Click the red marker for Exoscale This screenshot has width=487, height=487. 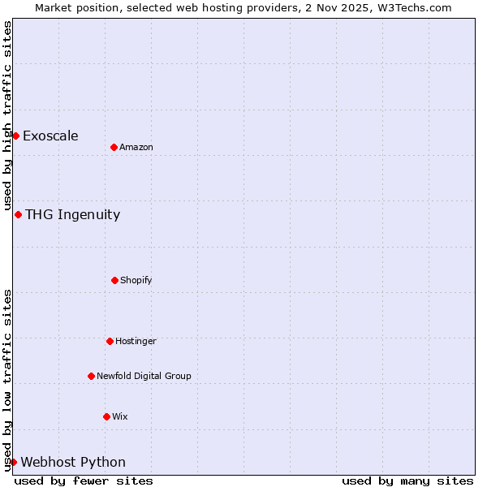[x=15, y=136]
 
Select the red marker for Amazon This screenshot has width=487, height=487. [x=114, y=147]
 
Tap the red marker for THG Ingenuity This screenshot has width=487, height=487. [x=18, y=214]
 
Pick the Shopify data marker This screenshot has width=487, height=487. [x=114, y=280]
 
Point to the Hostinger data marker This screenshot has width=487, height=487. [x=110, y=341]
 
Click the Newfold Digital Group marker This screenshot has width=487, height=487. [x=91, y=376]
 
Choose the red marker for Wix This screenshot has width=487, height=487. [x=106, y=416]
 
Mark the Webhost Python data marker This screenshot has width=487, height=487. [x=13, y=462]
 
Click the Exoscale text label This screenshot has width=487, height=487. [x=50, y=136]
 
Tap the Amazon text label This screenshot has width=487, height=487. [x=136, y=147]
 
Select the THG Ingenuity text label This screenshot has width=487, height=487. [x=72, y=214]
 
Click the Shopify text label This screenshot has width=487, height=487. [x=136, y=280]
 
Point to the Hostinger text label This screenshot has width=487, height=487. [x=136, y=341]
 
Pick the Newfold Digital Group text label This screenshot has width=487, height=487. [x=144, y=376]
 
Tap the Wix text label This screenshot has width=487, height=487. [x=120, y=416]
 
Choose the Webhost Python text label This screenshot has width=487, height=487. [x=73, y=462]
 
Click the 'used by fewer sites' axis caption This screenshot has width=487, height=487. [x=84, y=481]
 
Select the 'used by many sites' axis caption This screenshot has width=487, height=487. [x=407, y=481]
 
